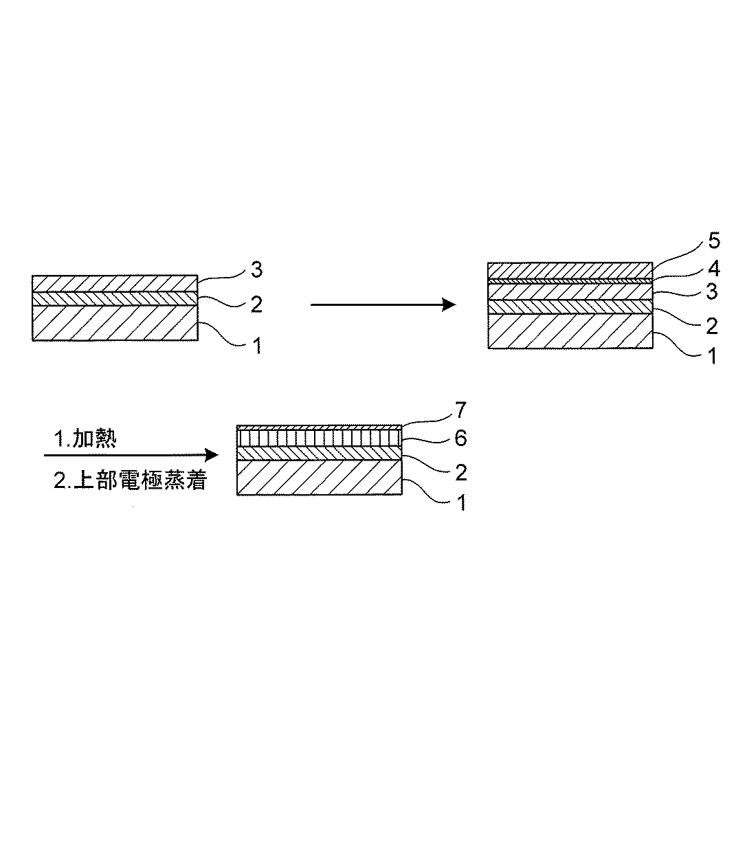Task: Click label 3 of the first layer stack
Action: [x=256, y=270]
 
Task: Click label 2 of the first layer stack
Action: [x=256, y=304]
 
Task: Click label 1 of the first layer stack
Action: [x=256, y=346]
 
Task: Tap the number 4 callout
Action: [x=712, y=267]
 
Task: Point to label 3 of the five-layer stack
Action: [x=712, y=291]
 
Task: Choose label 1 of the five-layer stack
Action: [x=712, y=356]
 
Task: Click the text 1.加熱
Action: [x=85, y=438]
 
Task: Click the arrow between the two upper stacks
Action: [x=383, y=304]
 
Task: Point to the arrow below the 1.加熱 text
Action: [x=131, y=455]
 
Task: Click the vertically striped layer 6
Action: [x=318, y=438]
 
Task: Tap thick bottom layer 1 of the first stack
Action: [x=115, y=323]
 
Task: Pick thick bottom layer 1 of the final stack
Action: [x=318, y=478]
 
